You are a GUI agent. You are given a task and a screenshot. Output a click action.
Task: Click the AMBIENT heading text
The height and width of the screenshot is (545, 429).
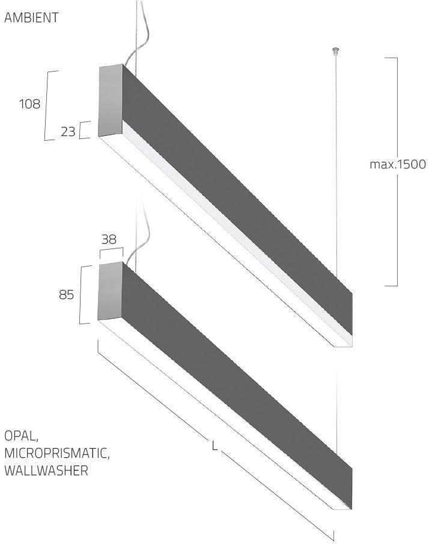31,17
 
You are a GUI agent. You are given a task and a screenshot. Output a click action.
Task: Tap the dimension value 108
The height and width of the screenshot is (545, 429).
30,103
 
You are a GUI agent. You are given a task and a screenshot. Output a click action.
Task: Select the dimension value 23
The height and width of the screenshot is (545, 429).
68,131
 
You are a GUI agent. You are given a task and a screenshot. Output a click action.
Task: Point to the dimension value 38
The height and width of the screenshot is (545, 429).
109,239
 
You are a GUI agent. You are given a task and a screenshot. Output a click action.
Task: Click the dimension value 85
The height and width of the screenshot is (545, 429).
66,295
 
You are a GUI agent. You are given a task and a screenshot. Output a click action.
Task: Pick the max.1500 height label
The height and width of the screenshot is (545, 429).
398,164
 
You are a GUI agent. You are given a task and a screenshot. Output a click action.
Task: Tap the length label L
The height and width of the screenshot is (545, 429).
215,446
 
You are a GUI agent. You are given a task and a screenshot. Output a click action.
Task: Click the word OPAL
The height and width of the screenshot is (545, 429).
21,436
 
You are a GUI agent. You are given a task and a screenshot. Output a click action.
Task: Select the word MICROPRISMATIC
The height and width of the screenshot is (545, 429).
57,453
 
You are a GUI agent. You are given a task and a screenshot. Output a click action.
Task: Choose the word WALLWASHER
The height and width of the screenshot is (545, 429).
46,470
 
